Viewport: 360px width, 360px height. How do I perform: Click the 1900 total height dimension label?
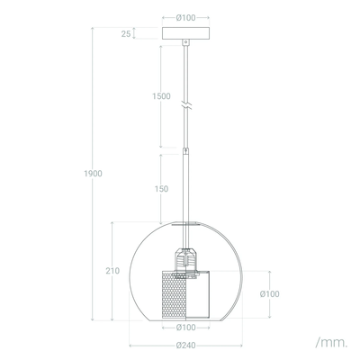tap(93, 174)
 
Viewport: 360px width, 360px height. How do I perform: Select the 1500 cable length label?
tap(161, 96)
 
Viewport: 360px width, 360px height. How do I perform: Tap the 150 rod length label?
tap(161, 189)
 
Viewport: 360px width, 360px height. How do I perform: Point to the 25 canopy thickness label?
tap(126, 34)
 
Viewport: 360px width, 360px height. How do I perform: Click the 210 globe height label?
tap(112, 271)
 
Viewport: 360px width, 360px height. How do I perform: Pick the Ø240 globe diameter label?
tap(186, 346)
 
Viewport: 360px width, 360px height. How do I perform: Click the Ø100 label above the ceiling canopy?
tap(186, 18)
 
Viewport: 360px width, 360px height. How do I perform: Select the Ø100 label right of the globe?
tap(270, 294)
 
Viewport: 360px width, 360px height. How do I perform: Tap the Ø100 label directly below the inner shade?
tap(186, 328)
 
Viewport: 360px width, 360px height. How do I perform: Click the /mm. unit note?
tap(331, 342)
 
